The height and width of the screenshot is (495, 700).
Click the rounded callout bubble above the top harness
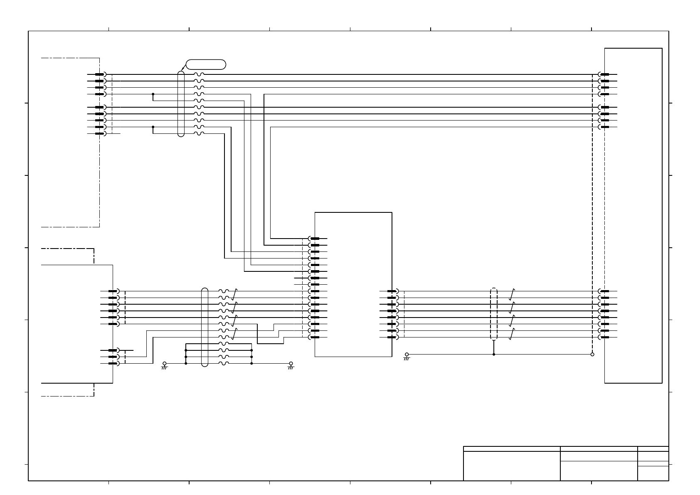[206, 64]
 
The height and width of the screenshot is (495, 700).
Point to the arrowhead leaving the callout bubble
[182, 70]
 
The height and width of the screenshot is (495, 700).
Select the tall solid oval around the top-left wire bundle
[181, 103]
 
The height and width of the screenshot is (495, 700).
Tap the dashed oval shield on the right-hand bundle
[494, 314]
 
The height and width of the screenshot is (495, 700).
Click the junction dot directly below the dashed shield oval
[494, 355]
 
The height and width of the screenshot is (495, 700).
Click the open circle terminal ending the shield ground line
[592, 355]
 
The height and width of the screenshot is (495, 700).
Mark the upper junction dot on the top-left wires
[153, 94]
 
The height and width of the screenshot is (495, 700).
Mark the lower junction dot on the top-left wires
[153, 127]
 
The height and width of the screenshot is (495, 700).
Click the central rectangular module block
[353, 284]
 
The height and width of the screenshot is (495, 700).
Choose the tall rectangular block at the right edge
[633, 215]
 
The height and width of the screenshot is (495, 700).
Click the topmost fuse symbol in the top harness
[199, 74]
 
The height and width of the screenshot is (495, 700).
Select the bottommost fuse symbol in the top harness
[199, 133]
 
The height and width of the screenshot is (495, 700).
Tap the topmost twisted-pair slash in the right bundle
[512, 294]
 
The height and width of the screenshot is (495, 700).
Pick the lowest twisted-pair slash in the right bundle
[512, 334]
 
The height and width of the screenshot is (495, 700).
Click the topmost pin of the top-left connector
[100, 74]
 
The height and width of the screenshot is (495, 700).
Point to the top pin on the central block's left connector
[315, 239]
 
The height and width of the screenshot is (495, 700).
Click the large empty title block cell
[512, 466]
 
